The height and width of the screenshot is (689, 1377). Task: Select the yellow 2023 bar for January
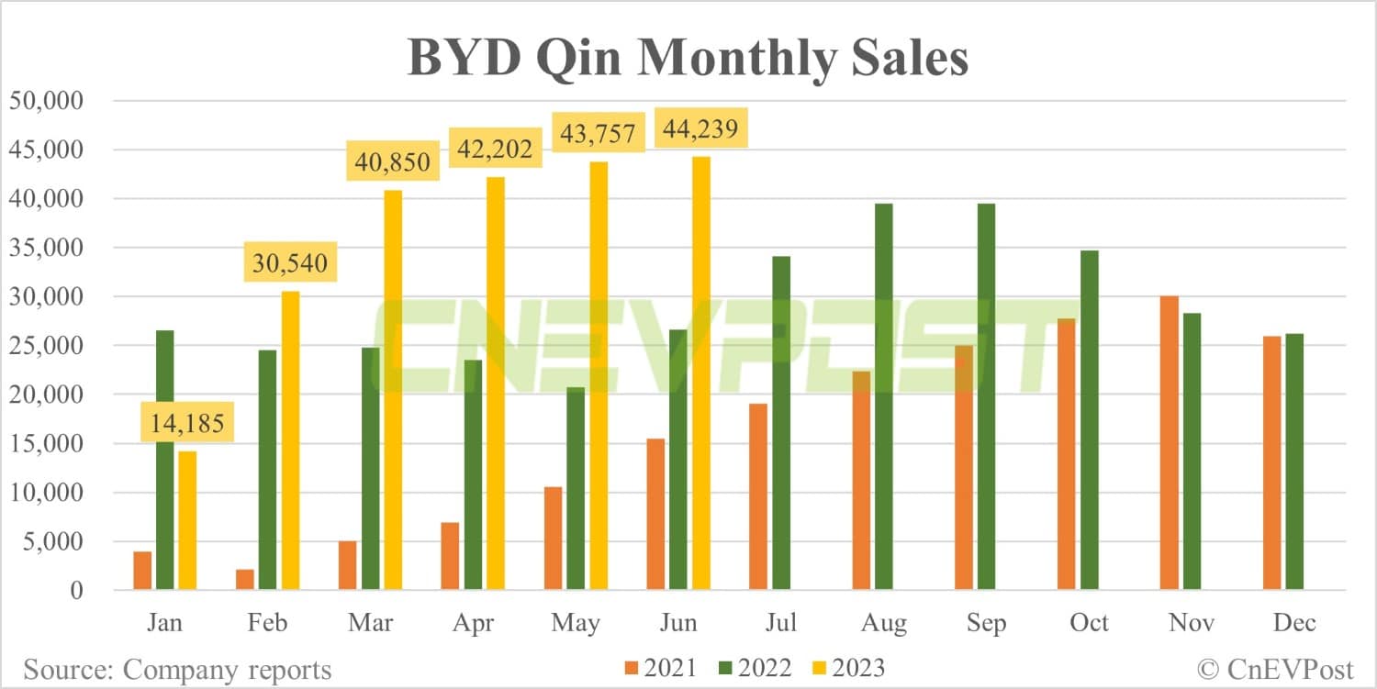pyautogui.click(x=187, y=520)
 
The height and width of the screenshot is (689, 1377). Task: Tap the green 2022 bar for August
pyautogui.click(x=884, y=396)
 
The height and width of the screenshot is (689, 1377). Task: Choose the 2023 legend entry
pyautogui.click(x=846, y=668)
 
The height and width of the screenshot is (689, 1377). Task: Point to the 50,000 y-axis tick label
pyautogui.click(x=46, y=101)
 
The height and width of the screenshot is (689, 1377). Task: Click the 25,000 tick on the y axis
pyautogui.click(x=46, y=346)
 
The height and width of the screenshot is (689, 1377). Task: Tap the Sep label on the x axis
pyautogui.click(x=985, y=623)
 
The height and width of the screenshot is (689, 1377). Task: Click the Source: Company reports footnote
pyautogui.click(x=177, y=669)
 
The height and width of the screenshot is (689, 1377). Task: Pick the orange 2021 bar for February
pyautogui.click(x=245, y=580)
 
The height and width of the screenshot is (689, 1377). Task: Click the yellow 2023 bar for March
pyautogui.click(x=393, y=390)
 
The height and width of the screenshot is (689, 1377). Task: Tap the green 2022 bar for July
pyautogui.click(x=781, y=423)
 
